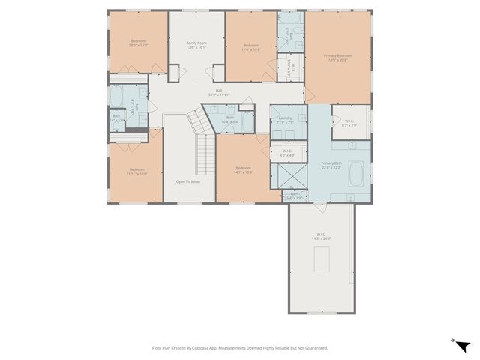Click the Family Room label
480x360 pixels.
pos(196,43)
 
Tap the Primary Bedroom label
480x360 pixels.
pos(337,56)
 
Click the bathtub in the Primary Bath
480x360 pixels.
pos(355,175)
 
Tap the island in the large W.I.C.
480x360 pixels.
pos(321,259)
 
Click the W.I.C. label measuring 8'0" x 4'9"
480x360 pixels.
pos(286,153)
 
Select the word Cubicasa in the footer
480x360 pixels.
pos(199,347)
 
